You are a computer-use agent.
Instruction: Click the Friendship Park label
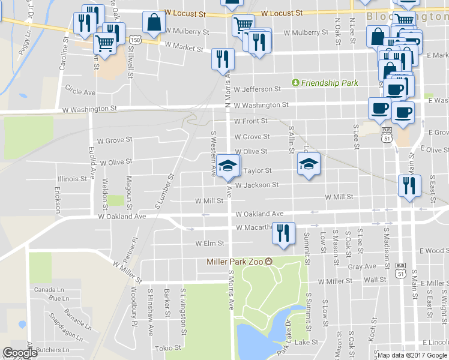[328, 82]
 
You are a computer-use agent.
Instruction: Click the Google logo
[20, 353]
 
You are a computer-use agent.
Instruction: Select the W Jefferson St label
[258, 89]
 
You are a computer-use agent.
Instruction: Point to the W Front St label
[251, 121]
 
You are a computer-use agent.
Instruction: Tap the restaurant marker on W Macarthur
[283, 233]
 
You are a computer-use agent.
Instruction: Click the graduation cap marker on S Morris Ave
[228, 166]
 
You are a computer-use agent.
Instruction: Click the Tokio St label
[169, 347]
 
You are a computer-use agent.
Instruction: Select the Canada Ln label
[44, 289]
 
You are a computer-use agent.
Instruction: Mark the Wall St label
[375, 280]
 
